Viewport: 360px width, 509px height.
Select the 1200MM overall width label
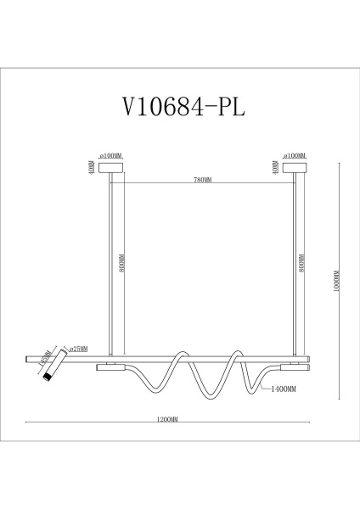coord(166,418)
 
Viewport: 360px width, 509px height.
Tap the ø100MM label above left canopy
coord(111,156)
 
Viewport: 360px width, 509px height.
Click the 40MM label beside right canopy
coord(274,167)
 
